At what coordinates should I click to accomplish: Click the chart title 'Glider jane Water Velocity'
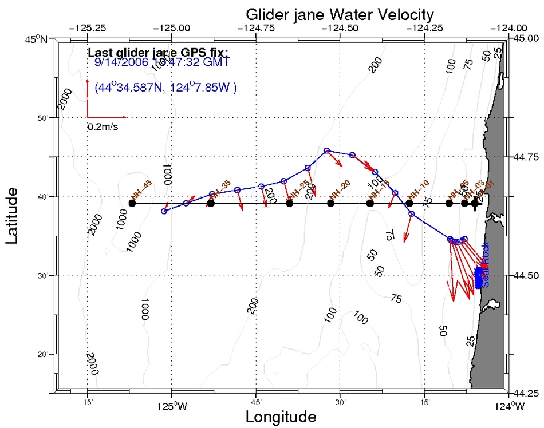(x=340, y=14)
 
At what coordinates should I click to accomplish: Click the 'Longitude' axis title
(x=281, y=417)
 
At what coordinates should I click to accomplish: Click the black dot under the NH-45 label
(x=132, y=203)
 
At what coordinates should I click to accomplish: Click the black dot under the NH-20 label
(x=330, y=203)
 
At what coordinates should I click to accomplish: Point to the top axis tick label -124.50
(x=340, y=27)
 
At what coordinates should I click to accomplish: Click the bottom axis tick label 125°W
(x=171, y=407)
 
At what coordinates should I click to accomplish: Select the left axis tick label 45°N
(x=42, y=39)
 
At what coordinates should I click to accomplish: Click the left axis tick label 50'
(x=46, y=118)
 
